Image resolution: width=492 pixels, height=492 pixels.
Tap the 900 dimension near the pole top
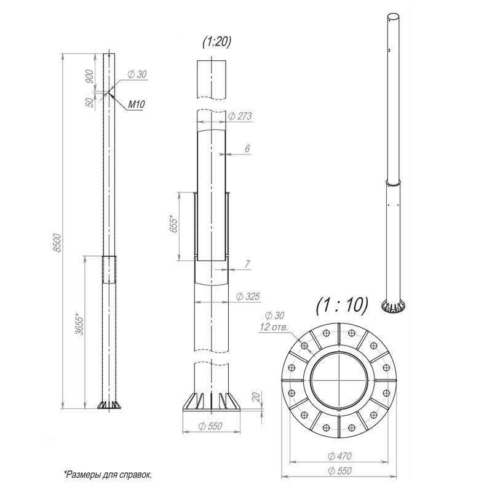pos(90,77)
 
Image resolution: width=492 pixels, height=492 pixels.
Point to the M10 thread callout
pos(137,105)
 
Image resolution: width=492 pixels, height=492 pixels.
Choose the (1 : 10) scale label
pos(342,304)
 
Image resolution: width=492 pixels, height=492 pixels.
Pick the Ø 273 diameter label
pos(240,116)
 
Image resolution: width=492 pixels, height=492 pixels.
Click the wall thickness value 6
pos(247,148)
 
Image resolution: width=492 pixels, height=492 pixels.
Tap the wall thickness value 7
pos(247,264)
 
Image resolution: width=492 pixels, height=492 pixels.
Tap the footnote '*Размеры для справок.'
pos(108,474)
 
